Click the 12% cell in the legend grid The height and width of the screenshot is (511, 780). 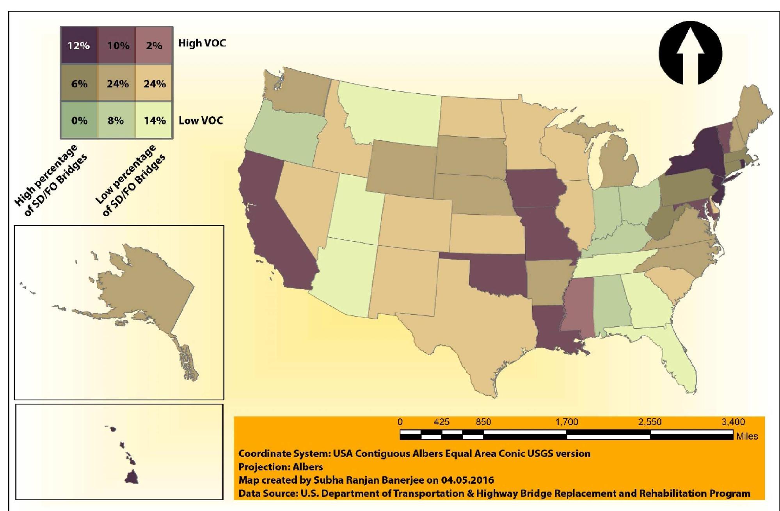pos(78,46)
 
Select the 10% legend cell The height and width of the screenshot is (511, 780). pos(117,46)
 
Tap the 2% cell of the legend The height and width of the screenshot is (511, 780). pos(154,46)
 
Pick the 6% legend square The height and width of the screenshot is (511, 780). pos(78,84)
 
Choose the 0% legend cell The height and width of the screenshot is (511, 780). pos(78,120)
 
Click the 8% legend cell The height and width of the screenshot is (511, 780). pos(116,120)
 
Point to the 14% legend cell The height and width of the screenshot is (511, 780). pos(155,120)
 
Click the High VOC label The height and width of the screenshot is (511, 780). pos(202,43)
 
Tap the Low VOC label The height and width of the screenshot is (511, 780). pos(201,120)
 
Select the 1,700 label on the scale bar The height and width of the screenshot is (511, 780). pos(567,422)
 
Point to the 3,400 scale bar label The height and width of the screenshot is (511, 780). pos(733,422)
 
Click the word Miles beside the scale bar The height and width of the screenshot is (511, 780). pos(747,436)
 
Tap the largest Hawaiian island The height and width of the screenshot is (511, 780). pos(131,477)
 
